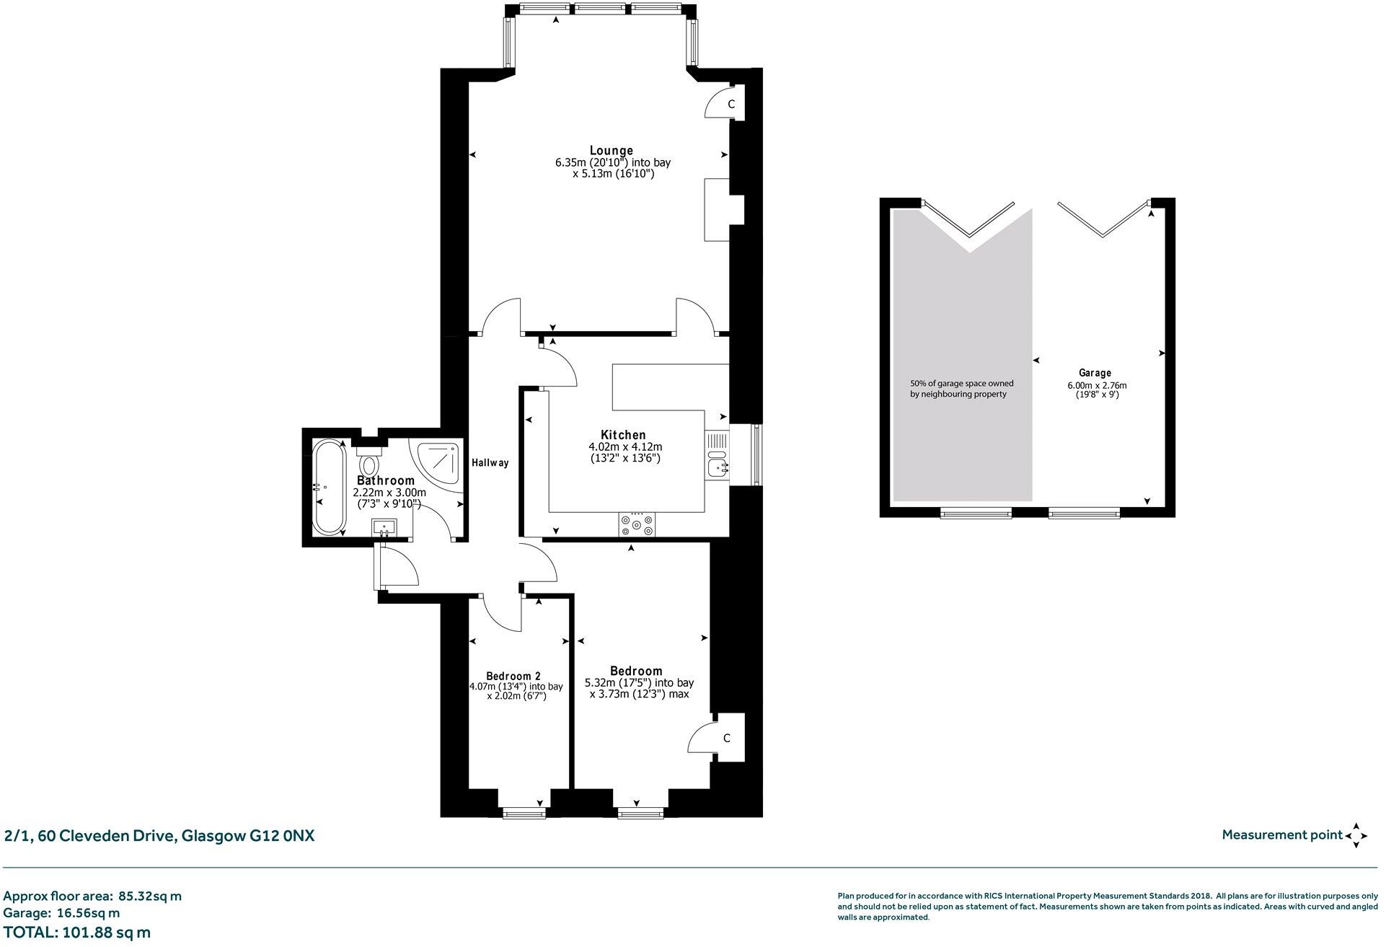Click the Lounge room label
pos(611,151)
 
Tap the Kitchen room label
pos(623,435)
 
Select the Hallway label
pos(490,463)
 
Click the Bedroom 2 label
pos(513,676)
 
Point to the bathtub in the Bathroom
pos(329,487)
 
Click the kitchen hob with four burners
pos(637,524)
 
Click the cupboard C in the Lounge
pos(730,105)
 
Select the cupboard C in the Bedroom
pos(727,738)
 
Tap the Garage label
pos(1094,373)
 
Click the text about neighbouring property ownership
pos(961,389)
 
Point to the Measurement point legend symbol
pos(1356,835)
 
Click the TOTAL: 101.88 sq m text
pos(77,933)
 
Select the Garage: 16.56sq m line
pos(61,913)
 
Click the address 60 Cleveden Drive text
pos(159,836)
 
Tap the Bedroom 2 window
pos(524,814)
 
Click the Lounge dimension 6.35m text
pos(612,163)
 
